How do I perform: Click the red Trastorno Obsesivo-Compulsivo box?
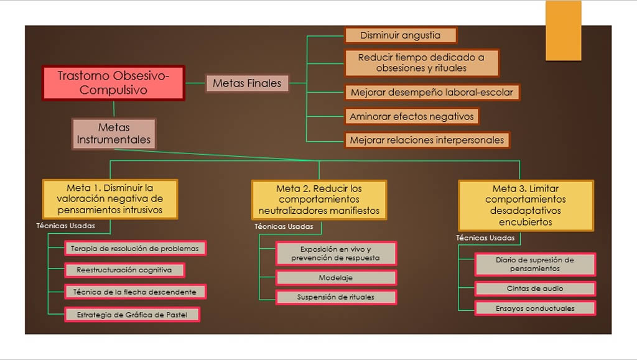(x=113, y=83)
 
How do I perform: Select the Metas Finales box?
(x=247, y=83)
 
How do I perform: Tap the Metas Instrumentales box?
(x=114, y=134)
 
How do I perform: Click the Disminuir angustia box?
(x=400, y=35)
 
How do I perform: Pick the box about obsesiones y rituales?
(x=421, y=63)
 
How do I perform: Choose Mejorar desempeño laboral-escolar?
(x=432, y=93)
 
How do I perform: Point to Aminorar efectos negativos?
(x=412, y=116)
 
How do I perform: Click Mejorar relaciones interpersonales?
(x=427, y=140)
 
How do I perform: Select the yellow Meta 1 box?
(x=109, y=199)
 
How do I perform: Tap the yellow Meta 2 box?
(x=318, y=200)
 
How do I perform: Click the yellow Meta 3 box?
(x=526, y=205)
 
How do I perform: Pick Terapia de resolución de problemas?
(x=135, y=249)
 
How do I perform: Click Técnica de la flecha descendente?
(x=135, y=292)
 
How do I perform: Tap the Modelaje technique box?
(x=336, y=277)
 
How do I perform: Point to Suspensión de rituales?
(x=336, y=297)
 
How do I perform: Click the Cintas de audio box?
(x=535, y=288)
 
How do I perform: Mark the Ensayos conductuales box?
(x=535, y=308)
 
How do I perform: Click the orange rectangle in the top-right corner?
(x=563, y=30)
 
